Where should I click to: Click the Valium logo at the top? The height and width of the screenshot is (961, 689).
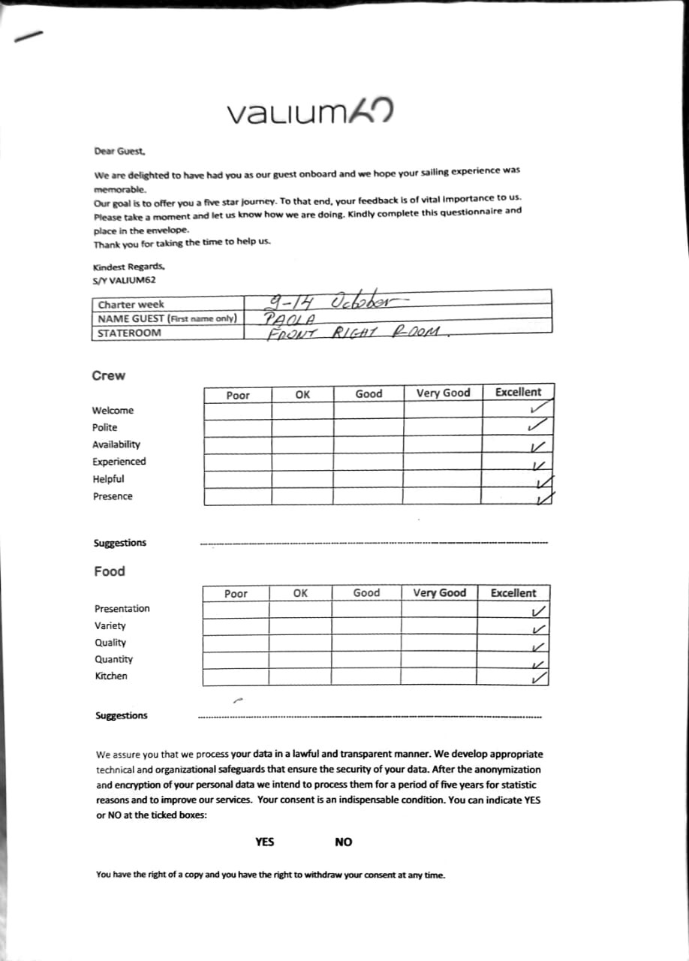tap(310, 113)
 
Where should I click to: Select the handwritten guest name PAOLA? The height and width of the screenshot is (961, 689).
tap(284, 318)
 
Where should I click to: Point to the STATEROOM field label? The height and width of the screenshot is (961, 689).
tap(128, 333)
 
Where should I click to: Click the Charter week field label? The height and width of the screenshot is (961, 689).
tap(131, 305)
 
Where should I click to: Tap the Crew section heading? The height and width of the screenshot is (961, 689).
tap(109, 375)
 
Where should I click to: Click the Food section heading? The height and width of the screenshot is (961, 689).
tap(110, 571)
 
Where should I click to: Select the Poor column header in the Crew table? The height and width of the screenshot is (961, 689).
tap(238, 395)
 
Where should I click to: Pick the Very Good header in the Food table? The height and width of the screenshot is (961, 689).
tap(439, 593)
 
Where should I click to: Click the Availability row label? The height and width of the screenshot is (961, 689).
tap(116, 444)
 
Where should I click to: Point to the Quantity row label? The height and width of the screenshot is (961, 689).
tap(114, 659)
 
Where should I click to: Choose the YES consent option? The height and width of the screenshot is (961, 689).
tap(264, 842)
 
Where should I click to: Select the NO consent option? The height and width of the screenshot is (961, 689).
tap(343, 842)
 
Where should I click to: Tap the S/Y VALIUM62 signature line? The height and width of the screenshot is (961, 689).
tap(125, 280)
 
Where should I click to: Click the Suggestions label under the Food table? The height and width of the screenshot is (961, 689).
tap(122, 715)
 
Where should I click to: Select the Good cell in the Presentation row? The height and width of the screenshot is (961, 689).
tap(366, 610)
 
